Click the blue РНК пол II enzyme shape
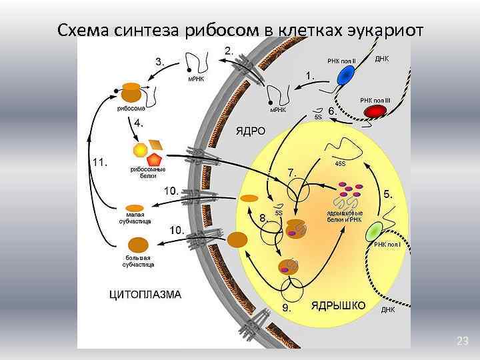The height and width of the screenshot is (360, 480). [x=345, y=76]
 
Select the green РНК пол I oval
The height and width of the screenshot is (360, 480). [x=375, y=231]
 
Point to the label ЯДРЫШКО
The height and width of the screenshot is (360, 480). [x=338, y=305]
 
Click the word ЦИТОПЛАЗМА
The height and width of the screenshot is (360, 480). [x=145, y=293]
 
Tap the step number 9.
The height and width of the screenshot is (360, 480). [x=287, y=308]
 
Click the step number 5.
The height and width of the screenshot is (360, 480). [x=388, y=195]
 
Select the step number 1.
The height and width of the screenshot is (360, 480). [x=310, y=75]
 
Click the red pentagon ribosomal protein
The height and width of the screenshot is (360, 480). [x=155, y=159]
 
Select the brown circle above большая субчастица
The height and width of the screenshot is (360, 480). [x=138, y=245]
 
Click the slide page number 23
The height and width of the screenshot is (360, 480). [x=463, y=341]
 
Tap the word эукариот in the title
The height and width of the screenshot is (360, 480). [x=381, y=31]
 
